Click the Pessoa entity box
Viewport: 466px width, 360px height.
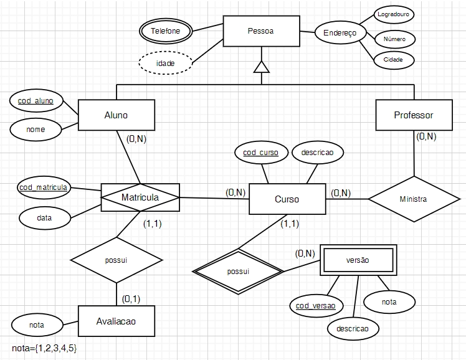click(260, 31)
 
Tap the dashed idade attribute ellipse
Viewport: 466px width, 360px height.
click(165, 64)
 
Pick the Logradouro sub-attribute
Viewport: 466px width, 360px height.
click(394, 13)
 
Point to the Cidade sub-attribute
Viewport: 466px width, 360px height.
click(393, 60)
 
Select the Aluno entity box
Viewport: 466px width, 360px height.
click(116, 115)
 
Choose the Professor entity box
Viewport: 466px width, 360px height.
click(414, 115)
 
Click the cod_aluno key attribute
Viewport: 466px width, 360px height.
click(36, 100)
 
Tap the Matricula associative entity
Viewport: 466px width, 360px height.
click(140, 197)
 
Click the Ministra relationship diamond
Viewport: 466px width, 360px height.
click(414, 199)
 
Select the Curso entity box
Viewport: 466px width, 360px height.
click(287, 199)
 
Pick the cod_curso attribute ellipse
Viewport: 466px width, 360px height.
click(261, 153)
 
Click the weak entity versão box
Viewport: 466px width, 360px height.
click(357, 260)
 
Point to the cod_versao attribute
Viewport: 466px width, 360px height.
click(316, 305)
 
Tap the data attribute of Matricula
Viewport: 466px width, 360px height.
click(44, 218)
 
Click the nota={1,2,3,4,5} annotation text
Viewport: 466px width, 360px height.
click(44, 348)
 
